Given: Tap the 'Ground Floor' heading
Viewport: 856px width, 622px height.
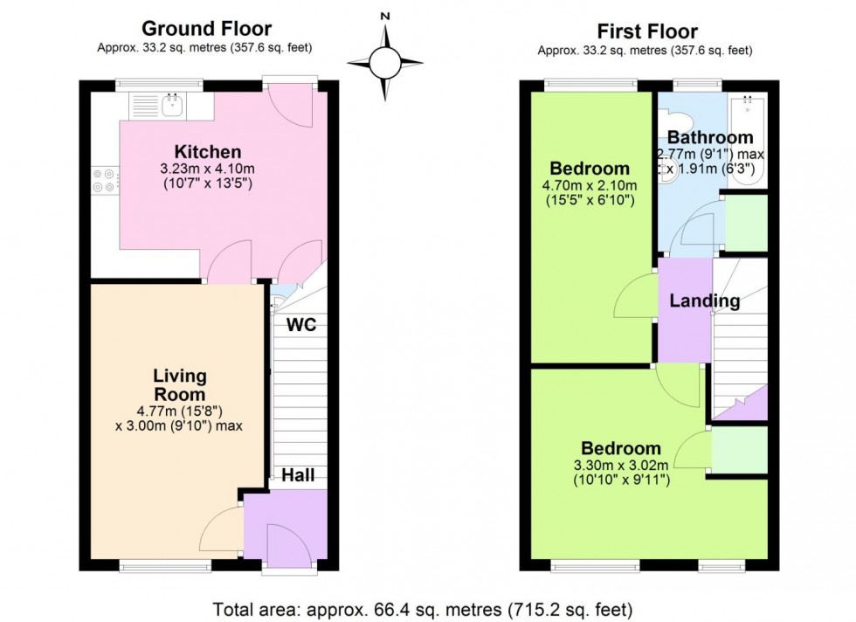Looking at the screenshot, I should [206, 30].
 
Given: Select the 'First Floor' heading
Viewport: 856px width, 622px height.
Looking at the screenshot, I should [645, 30].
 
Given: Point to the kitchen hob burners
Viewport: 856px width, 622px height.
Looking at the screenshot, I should [104, 180].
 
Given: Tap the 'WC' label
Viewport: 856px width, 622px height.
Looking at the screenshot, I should [301, 325].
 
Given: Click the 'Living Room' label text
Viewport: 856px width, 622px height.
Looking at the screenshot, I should [180, 384].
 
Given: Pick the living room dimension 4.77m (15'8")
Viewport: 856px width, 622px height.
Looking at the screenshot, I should [180, 411].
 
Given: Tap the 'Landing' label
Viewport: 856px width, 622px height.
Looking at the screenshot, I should [705, 301].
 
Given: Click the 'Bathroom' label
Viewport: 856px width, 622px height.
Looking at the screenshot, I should [709, 137].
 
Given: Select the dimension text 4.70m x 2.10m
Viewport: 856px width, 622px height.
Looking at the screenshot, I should [589, 185].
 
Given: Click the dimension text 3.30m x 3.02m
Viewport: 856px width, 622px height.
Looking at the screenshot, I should [621, 464].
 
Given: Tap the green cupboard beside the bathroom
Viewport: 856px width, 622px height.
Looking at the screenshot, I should [747, 223].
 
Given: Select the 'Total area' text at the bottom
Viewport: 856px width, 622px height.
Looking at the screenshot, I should [427, 607].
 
